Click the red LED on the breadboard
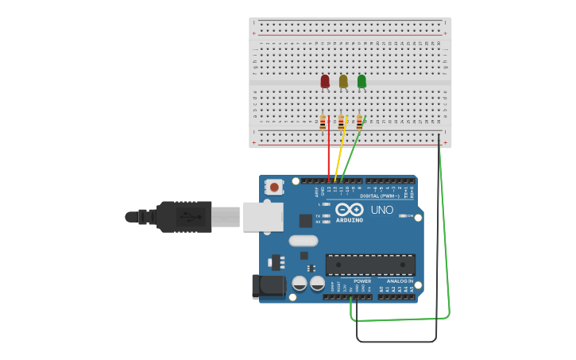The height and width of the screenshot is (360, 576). click(325, 81)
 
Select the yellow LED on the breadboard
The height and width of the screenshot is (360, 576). click(343, 81)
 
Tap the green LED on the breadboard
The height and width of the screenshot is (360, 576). click(361, 81)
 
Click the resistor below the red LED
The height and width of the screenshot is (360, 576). click(323, 122)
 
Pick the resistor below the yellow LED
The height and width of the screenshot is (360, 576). click(341, 122)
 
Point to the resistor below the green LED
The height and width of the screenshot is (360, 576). click(359, 122)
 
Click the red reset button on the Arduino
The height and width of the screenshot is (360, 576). click(274, 188)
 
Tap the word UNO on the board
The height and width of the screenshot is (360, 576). click(382, 210)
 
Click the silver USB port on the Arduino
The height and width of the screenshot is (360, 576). click(262, 216)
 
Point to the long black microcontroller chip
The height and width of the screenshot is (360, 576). click(370, 265)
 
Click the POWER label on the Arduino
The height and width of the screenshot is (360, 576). click(362, 281)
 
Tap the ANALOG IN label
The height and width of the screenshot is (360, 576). click(400, 281)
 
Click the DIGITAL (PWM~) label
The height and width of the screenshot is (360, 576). click(380, 195)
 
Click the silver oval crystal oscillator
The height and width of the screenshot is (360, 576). click(303, 241)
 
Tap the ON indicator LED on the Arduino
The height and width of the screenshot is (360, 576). click(403, 216)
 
